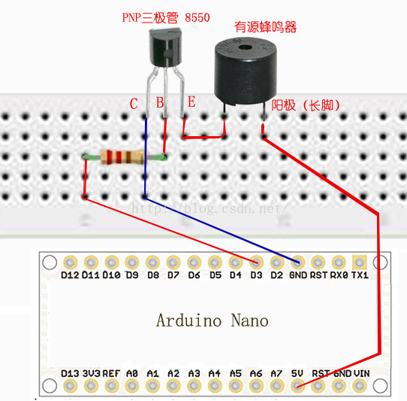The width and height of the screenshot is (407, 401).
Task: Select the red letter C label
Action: (x=134, y=104)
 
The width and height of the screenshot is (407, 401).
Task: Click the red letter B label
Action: (x=160, y=103)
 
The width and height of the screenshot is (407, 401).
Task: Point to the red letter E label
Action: (x=191, y=102)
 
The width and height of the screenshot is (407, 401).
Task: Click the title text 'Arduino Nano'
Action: (x=212, y=320)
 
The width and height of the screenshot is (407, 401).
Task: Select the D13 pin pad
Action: (x=71, y=386)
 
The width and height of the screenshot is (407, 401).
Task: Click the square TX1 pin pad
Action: (x=360, y=263)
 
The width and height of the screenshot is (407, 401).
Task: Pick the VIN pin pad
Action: (x=361, y=386)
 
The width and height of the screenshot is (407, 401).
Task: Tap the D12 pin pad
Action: (x=71, y=263)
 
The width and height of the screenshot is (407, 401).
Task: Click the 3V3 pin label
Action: (x=92, y=372)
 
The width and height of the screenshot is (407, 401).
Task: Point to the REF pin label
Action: (x=112, y=372)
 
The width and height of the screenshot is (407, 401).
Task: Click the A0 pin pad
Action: (x=132, y=386)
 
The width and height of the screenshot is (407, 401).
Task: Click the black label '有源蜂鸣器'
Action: (x=265, y=27)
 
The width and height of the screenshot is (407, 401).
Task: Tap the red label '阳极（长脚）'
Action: (x=305, y=106)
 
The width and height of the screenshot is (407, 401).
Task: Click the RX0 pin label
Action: (x=339, y=275)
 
